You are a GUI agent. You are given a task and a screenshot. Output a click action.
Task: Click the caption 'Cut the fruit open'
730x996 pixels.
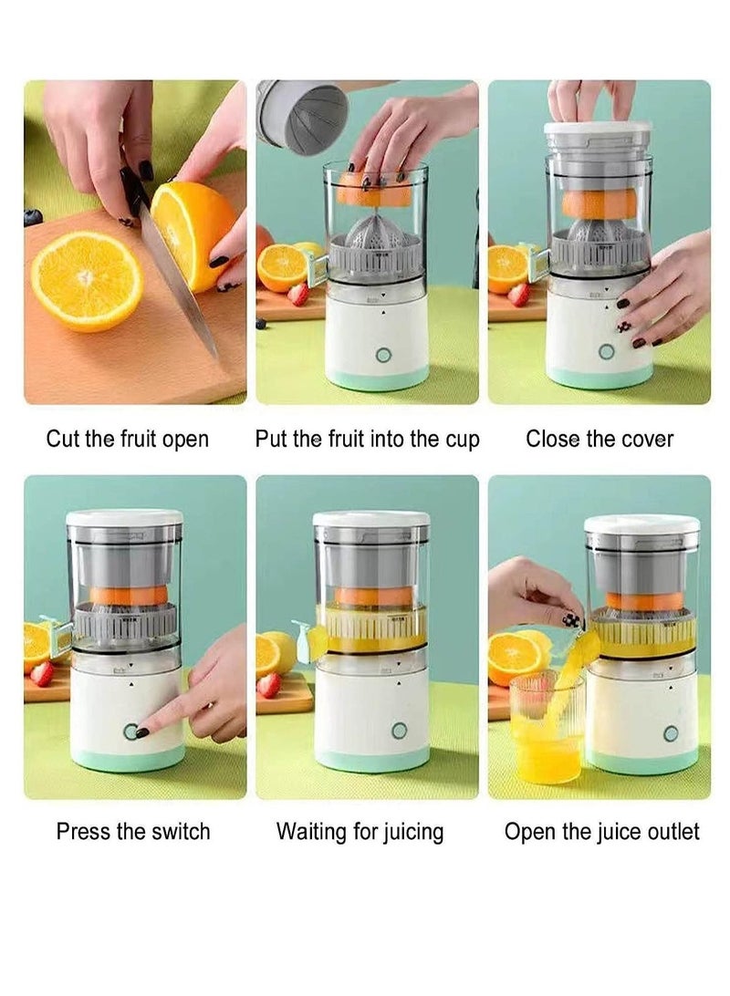coord(127,439)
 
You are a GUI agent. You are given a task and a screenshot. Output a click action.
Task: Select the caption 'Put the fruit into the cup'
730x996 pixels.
coord(367,439)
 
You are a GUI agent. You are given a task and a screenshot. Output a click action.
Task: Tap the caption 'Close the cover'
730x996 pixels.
coord(600,439)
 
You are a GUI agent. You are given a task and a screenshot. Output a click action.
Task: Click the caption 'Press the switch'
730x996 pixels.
coord(133,832)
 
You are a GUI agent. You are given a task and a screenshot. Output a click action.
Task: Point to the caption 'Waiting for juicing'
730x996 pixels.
coord(360,832)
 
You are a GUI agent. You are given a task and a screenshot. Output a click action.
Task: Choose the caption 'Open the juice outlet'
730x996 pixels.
coord(602,832)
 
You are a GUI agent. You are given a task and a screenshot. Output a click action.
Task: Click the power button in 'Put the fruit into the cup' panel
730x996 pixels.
coord(383,355)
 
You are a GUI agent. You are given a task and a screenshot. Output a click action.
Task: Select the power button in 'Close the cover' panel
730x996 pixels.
coord(606,353)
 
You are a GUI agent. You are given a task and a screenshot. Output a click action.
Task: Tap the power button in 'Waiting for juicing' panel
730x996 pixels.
coord(399,730)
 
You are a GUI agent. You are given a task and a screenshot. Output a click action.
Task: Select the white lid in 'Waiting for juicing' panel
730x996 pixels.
coord(370,519)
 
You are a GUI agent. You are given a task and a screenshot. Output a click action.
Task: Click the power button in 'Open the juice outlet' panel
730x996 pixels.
coord(671,733)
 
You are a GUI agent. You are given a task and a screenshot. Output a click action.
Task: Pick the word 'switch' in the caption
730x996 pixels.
coord(180,832)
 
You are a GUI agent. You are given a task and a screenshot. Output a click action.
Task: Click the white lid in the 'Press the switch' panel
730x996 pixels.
coord(124,517)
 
